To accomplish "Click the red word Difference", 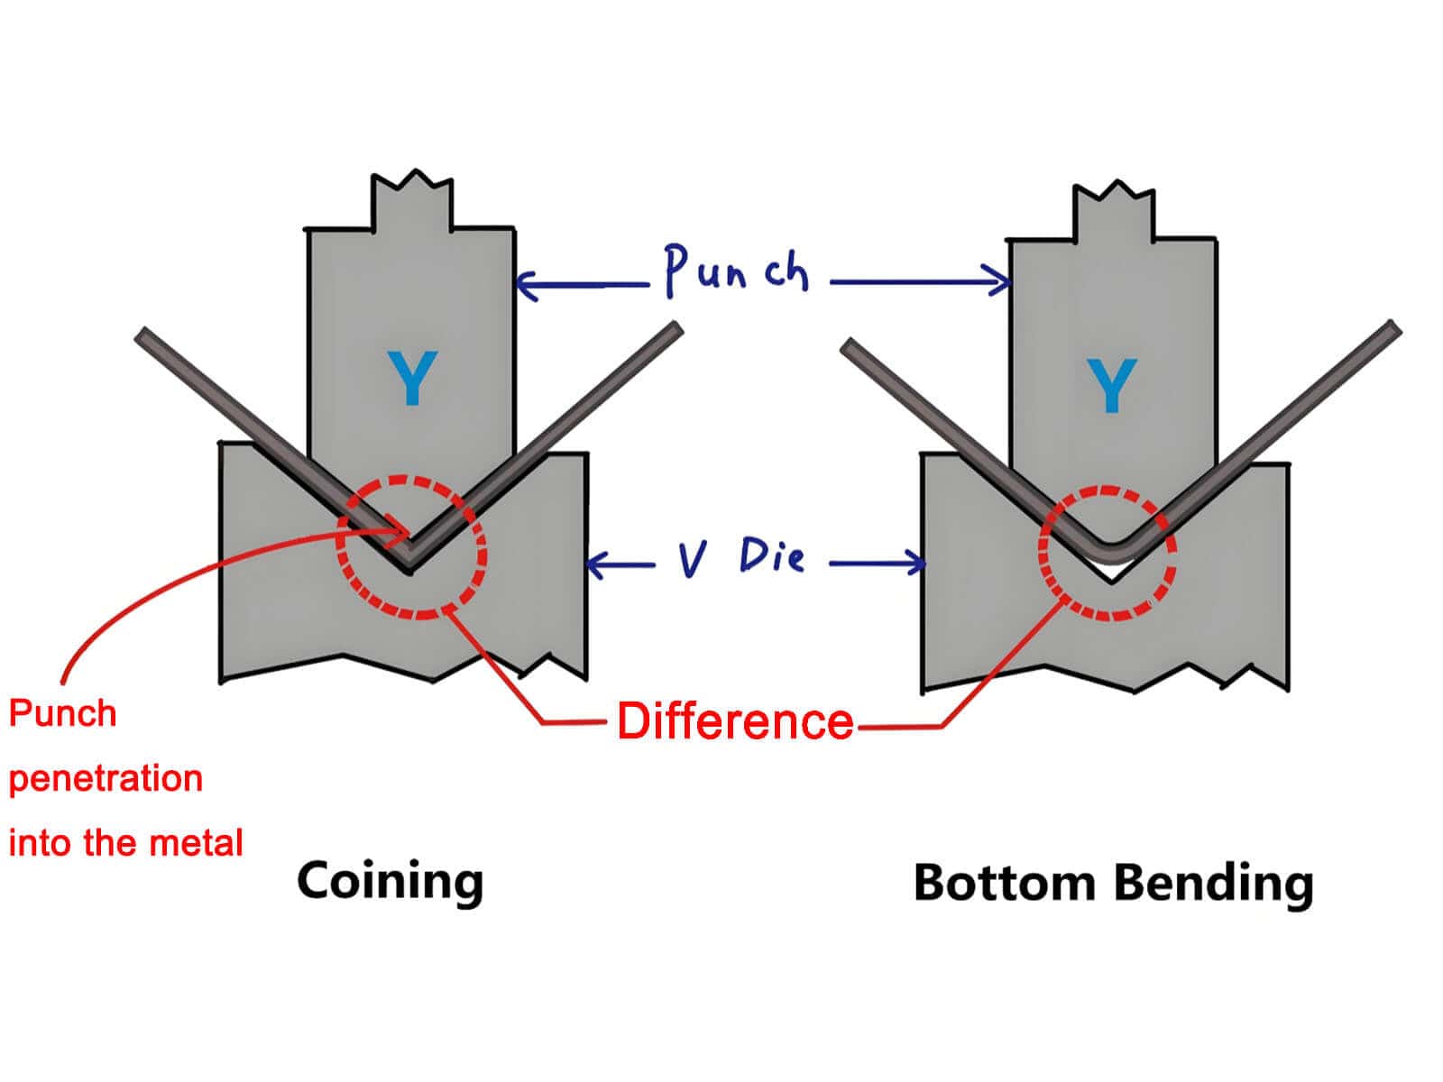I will coord(735,721).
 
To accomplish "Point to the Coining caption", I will coord(390,880).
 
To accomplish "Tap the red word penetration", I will coord(106,778).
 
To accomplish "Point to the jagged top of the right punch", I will coord(1113,194).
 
